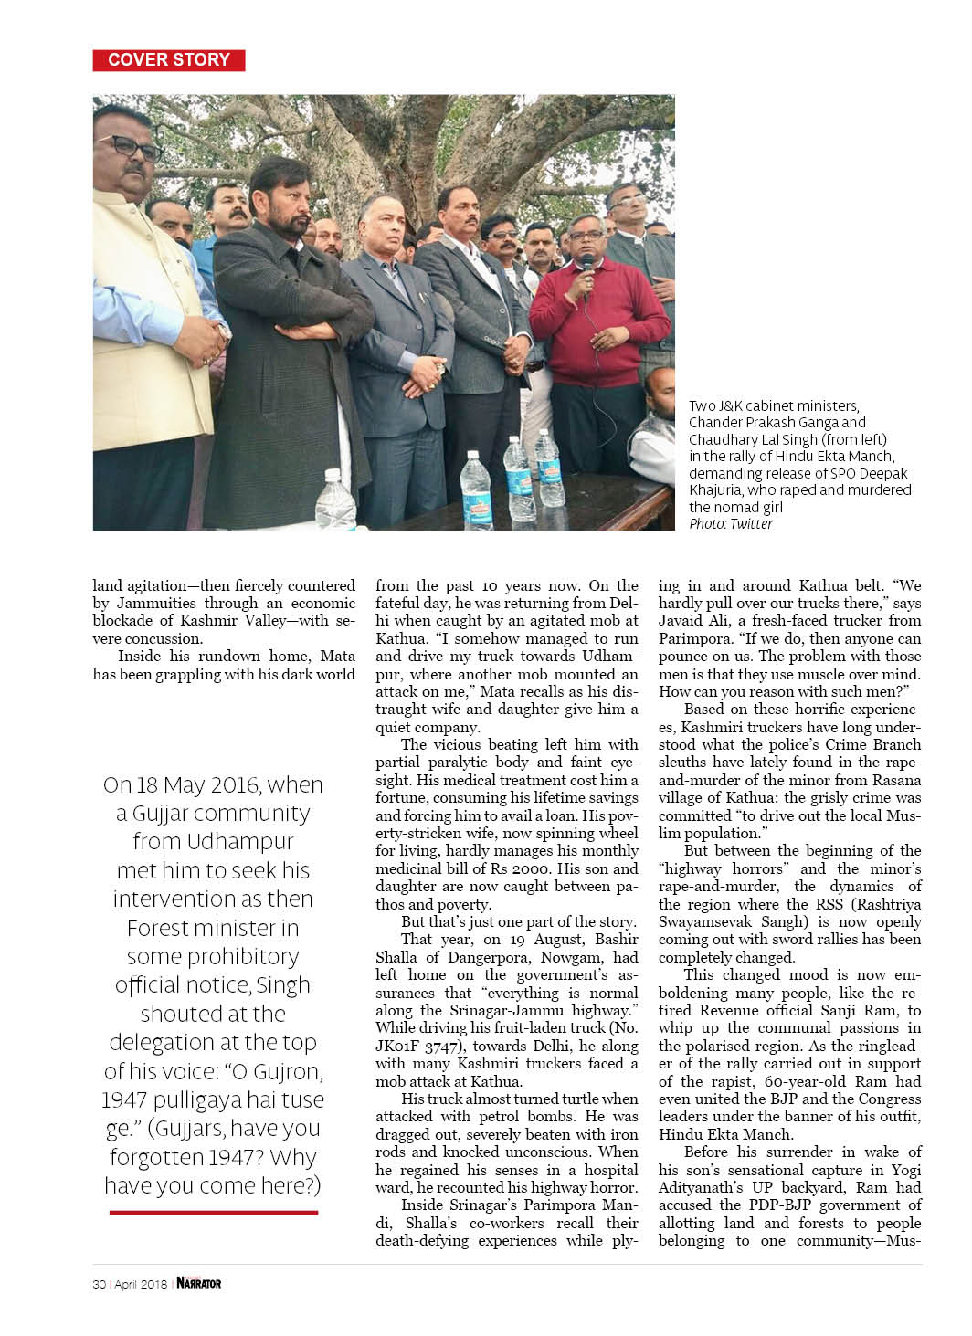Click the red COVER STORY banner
pyautogui.click(x=169, y=60)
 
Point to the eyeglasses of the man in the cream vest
pyautogui.click(x=128, y=145)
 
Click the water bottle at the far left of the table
pyautogui.click(x=334, y=499)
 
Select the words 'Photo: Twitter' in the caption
pyautogui.click(x=731, y=524)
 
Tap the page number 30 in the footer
pyautogui.click(x=99, y=1284)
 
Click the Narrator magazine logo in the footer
pyautogui.click(x=199, y=1283)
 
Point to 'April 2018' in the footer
pyautogui.click(x=141, y=1284)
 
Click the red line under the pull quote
pyautogui.click(x=213, y=1213)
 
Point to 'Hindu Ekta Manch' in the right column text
pyautogui.click(x=725, y=1134)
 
